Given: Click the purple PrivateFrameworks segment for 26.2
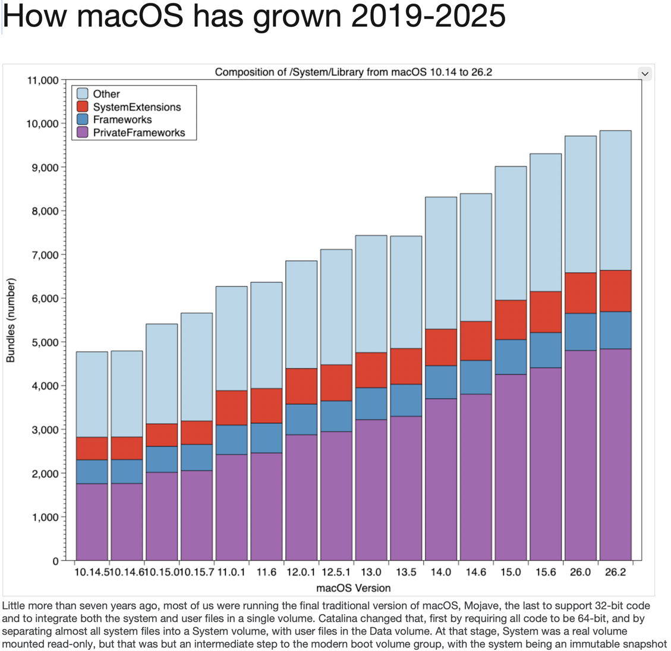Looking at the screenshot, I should coord(615,454).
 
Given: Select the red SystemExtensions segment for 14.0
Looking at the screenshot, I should coord(441,347).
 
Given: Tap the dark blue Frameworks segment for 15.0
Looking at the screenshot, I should coord(511,357).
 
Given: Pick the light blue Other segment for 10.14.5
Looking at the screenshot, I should coord(92,394).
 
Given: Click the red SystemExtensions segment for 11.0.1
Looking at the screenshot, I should coord(232,408).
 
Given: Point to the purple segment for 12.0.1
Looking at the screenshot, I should coord(301,497).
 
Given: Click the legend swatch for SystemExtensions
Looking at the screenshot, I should coord(83,107).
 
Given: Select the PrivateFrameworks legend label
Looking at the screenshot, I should coord(139,133).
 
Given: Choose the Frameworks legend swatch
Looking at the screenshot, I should coord(83,119).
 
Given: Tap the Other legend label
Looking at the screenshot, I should coord(106,94).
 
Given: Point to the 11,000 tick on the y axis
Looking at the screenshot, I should coord(43,80).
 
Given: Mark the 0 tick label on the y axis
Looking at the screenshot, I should coord(55,561).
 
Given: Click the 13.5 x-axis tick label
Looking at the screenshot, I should coord(406,573).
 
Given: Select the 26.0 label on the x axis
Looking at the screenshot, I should coord(580,573).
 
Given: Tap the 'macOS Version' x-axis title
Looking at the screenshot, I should coord(353,588).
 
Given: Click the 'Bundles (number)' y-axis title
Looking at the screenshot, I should coord(11,320).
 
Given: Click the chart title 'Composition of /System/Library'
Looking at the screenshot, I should coord(353,73).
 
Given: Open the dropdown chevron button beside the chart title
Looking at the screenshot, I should coord(645,74).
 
